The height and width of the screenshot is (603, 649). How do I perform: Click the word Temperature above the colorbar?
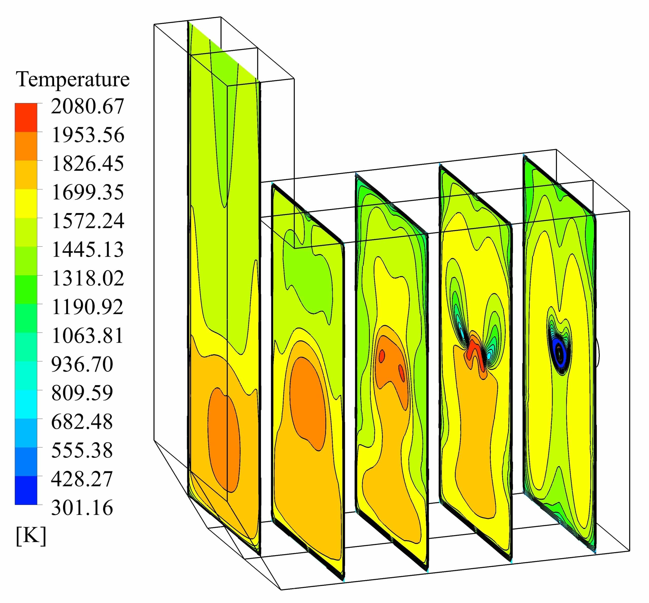coord(73,79)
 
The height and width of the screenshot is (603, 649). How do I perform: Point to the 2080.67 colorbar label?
coord(87,106)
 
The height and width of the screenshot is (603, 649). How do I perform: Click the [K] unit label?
coord(31,536)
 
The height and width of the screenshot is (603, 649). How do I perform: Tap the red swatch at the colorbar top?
coord(26,117)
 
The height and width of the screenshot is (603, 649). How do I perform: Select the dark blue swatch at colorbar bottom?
coord(26,490)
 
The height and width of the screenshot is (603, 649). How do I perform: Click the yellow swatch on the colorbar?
coord(26,203)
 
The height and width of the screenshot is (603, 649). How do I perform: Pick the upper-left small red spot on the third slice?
coord(382,356)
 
